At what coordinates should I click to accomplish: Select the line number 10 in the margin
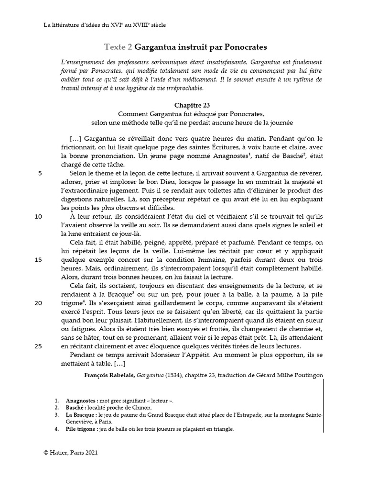coord(38,216)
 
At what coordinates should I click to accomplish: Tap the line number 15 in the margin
coord(38,260)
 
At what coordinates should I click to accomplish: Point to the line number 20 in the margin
coord(38,303)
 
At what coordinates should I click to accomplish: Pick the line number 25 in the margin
coord(38,346)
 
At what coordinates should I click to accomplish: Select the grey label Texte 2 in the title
coord(118,47)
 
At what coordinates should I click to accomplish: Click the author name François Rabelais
coord(108,375)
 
